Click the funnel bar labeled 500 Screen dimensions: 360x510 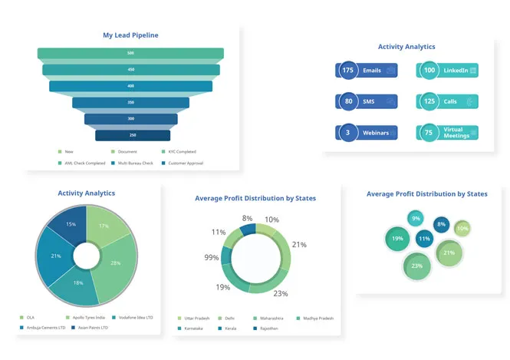tap(130, 53)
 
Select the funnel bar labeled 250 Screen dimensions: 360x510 tap(132, 135)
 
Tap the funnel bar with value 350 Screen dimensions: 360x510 tap(131, 102)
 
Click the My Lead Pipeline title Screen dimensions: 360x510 tap(130, 35)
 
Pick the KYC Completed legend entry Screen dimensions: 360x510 tap(179, 151)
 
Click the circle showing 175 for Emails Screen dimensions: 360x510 tap(348, 71)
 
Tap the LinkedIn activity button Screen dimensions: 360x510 tap(456, 71)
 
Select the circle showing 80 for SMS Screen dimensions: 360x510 tap(348, 101)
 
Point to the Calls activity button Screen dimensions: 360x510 tap(456, 101)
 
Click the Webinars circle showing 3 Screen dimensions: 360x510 tap(348, 132)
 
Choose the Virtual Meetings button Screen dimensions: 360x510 tap(456, 132)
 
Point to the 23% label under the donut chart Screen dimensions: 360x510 tap(280, 293)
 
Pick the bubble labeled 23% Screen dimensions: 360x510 tap(417, 266)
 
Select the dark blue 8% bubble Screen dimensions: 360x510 tap(440, 224)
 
